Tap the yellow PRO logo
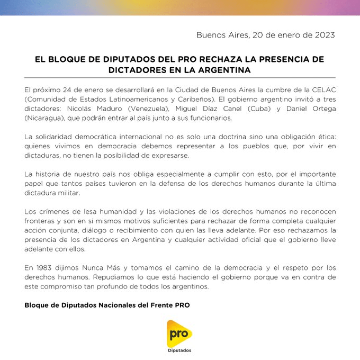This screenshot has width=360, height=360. click(x=179, y=334)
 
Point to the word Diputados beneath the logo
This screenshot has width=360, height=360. click(x=179, y=350)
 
